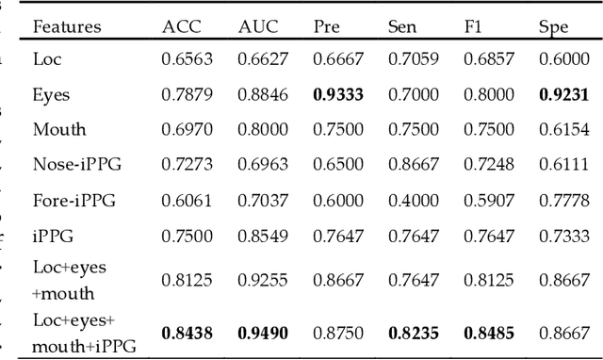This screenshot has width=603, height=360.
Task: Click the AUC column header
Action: click(x=255, y=26)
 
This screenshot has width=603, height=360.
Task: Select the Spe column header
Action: click(x=553, y=26)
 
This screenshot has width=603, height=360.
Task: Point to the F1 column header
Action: click(x=471, y=26)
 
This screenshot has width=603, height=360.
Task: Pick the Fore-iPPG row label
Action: click(x=74, y=199)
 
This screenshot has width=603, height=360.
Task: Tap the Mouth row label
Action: click(x=58, y=128)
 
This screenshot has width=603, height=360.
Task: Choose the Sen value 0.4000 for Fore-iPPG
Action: click(x=414, y=199)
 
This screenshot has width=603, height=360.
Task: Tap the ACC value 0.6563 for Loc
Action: click(x=187, y=58)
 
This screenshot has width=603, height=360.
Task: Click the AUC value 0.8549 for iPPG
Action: click(x=262, y=234)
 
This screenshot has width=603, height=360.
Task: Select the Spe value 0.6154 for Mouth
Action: click(x=563, y=128)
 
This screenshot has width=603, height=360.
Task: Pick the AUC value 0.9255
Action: click(x=262, y=280)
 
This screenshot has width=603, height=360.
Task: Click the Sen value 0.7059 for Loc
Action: click(x=414, y=58)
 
